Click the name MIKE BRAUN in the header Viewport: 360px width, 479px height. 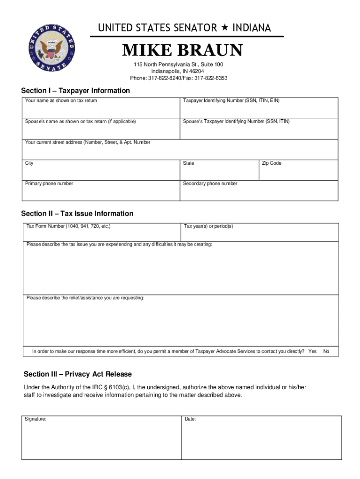click(x=182, y=51)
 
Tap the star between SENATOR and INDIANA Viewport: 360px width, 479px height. click(x=224, y=28)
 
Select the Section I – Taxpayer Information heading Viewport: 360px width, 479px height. click(x=75, y=90)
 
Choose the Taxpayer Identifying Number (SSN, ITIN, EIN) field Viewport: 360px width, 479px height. click(x=259, y=109)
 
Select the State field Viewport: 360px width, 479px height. click(x=219, y=171)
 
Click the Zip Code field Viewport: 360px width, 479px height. click(x=298, y=171)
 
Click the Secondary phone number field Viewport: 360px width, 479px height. click(x=259, y=191)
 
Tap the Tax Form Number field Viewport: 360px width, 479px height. click(x=102, y=232)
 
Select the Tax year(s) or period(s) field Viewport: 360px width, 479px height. click(x=260, y=232)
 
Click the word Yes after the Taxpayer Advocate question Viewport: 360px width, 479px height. click(x=312, y=351)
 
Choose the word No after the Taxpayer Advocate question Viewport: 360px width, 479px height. click(x=326, y=351)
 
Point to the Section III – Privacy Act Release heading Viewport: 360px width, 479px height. click(x=78, y=374)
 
